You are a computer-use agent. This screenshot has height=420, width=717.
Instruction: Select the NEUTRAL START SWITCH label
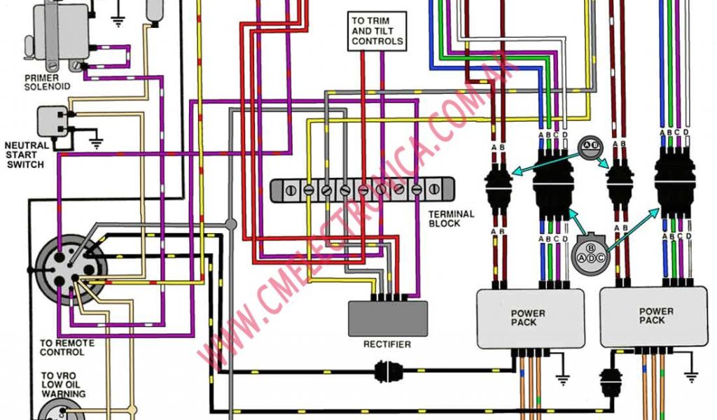[x=27, y=155]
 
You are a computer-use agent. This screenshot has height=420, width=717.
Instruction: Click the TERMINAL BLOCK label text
[x=452, y=218]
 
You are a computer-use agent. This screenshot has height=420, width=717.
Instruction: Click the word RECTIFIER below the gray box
[x=387, y=344]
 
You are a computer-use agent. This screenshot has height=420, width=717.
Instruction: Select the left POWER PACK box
[x=529, y=318]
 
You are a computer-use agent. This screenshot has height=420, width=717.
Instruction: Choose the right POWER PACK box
[x=657, y=316]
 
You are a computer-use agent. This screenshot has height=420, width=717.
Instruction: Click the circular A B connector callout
[x=592, y=145]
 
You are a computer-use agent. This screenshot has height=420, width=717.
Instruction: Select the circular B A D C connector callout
[x=590, y=251]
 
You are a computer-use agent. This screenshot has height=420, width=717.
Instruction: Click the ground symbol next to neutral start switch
[x=97, y=143]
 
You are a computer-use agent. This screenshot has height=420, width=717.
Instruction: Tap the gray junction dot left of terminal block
[x=231, y=224]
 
